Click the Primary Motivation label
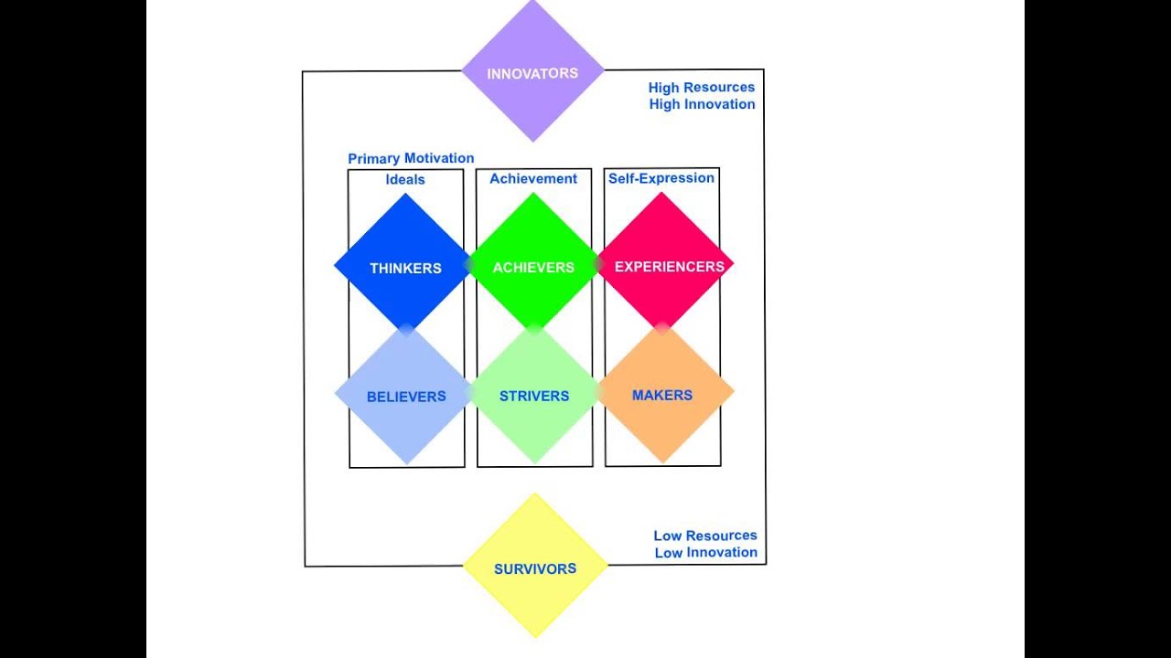point(411,158)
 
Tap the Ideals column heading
point(405,179)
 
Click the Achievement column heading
point(533,178)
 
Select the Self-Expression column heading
point(661,177)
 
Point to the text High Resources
point(702,87)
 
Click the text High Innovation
point(702,104)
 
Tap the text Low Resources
point(705,536)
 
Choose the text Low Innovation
point(705,552)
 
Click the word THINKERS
point(405,268)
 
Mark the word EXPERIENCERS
point(670,266)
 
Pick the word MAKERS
point(662,395)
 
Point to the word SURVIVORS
point(535,568)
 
